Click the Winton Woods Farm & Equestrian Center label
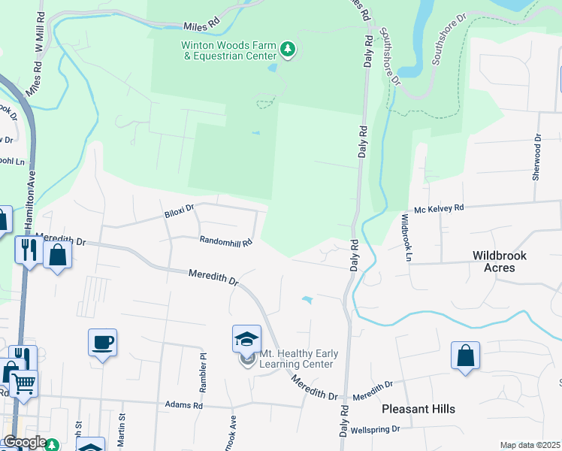[x=228, y=50]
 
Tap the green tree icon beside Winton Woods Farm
[x=287, y=50]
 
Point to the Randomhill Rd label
[x=225, y=241]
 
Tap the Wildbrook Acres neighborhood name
[x=500, y=261]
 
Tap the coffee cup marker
[x=102, y=344]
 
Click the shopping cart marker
[x=23, y=383]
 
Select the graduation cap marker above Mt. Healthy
[x=246, y=340]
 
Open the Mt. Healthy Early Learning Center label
[x=297, y=359]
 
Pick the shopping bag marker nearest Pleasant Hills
[x=465, y=356]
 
